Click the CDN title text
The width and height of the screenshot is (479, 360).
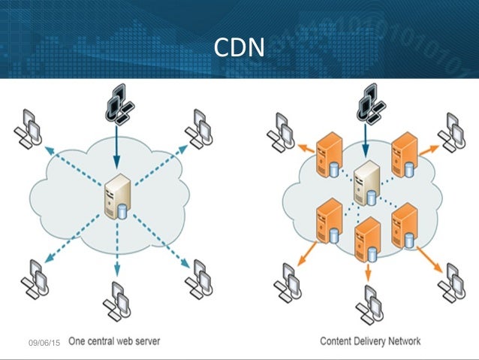(239, 47)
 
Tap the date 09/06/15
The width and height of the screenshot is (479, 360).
(44, 343)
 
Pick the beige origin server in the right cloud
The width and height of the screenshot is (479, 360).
(366, 183)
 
